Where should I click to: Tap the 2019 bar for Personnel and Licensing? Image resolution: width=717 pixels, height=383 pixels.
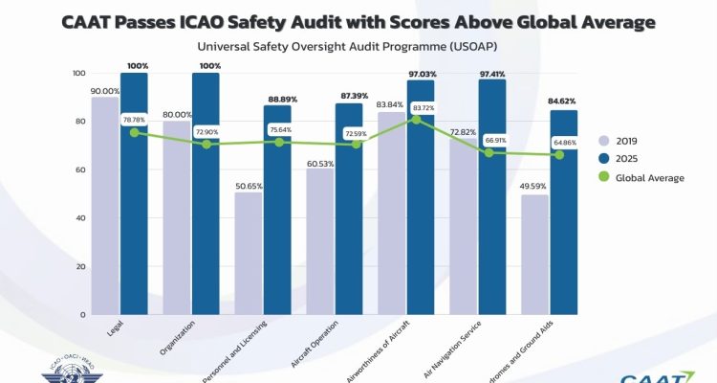[248, 253]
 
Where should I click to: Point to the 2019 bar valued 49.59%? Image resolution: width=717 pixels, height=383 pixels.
[534, 255]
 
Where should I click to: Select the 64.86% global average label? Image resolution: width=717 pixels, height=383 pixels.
[564, 141]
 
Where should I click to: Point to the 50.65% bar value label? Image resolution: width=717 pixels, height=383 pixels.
[248, 185]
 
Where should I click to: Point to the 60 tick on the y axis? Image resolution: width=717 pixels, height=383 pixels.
[80, 170]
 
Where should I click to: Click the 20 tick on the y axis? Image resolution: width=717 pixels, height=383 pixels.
[80, 266]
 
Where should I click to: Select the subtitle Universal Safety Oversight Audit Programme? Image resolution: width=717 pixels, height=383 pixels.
[354, 46]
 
